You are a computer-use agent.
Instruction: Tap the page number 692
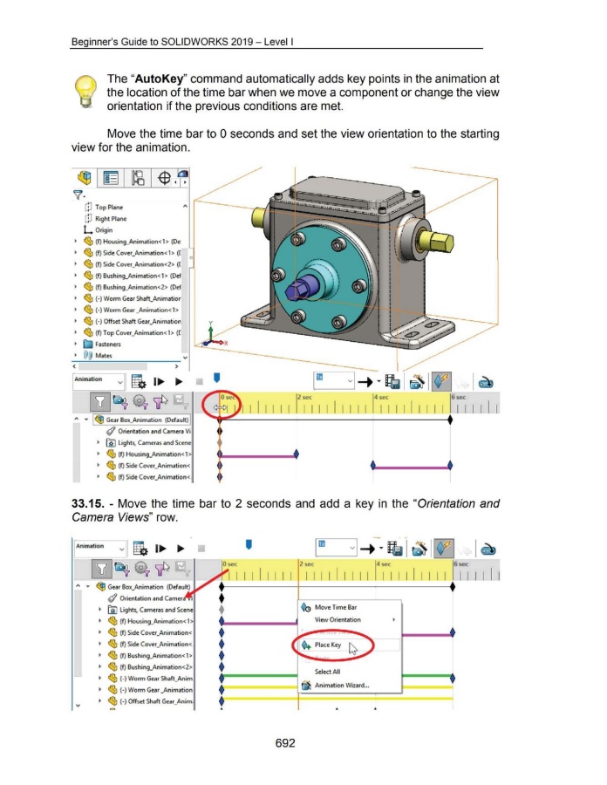coord(297,742)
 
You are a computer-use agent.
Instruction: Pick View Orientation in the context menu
coord(338,620)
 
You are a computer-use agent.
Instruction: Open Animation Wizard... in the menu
coord(343,685)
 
